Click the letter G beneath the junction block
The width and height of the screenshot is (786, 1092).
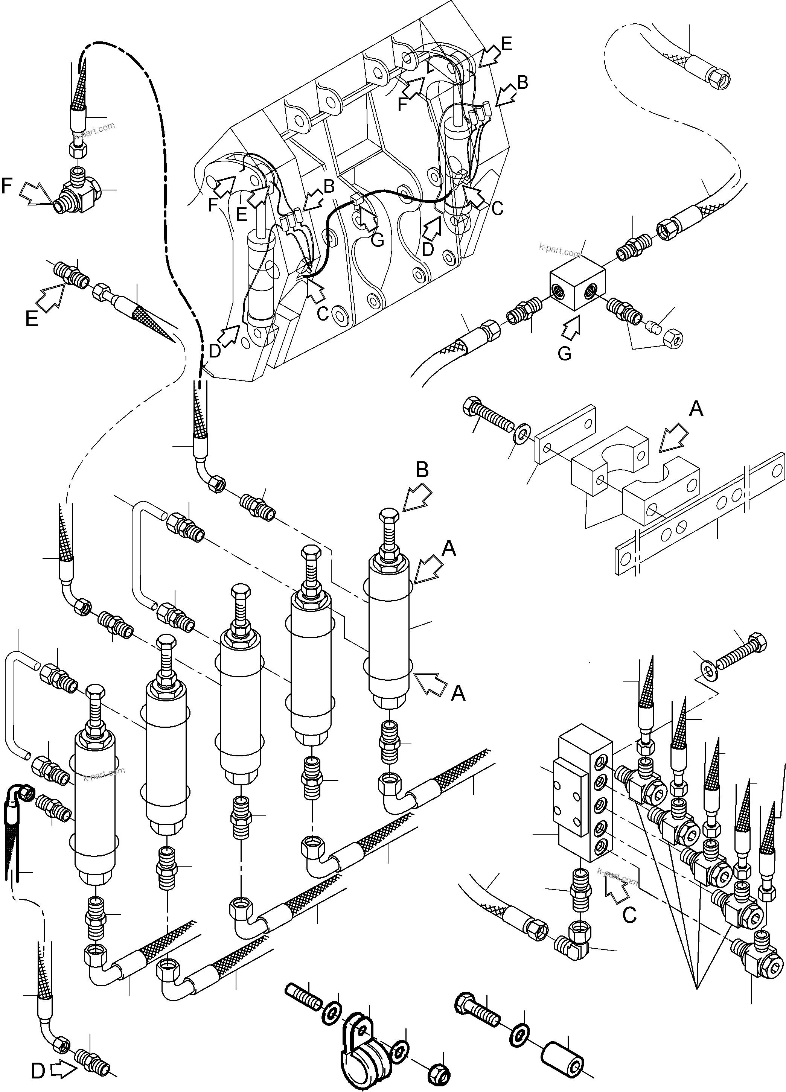click(x=564, y=353)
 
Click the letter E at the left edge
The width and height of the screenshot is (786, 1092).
click(x=31, y=319)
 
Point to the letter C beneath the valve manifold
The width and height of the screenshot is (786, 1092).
click(x=629, y=914)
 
